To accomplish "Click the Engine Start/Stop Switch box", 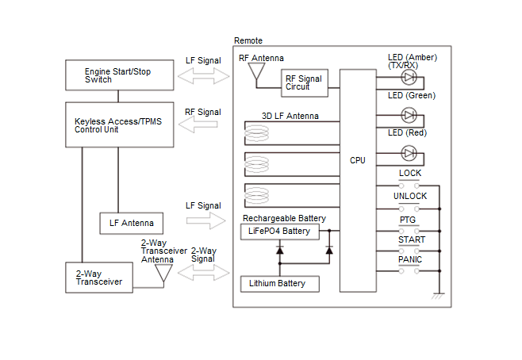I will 118,75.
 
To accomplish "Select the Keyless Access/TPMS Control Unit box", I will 118,124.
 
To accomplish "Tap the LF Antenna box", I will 131,224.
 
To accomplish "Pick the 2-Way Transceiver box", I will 99,278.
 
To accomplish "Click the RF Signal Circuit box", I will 303,82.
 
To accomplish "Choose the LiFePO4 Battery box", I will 280,232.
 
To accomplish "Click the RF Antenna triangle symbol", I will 256,73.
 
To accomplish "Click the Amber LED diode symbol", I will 409,78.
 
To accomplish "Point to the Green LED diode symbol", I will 409,115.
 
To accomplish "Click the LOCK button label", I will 410,173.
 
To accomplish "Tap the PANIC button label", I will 410,259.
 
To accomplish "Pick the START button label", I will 411,239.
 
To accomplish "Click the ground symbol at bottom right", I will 437,296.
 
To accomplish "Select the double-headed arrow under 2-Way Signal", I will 205,272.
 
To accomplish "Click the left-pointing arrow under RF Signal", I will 204,125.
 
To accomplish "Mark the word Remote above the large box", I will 248,40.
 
